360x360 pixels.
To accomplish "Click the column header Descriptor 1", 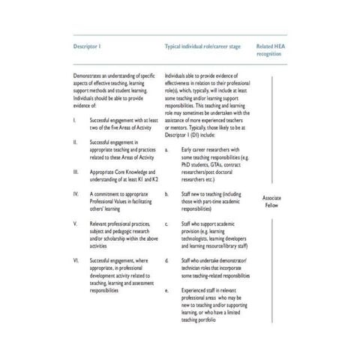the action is click(87, 46).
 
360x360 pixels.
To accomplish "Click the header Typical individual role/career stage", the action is click(202, 46).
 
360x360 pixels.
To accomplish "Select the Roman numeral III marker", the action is click(76, 172).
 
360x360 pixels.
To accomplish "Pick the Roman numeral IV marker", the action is click(76, 193).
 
